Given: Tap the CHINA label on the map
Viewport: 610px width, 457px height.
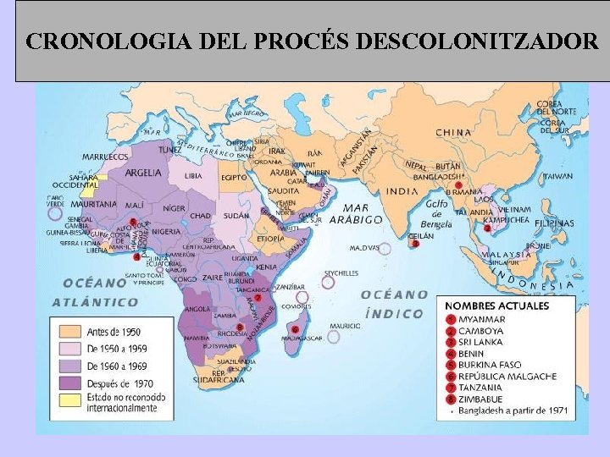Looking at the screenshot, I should click(454, 133).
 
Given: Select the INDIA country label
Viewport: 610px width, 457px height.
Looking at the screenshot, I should click(402, 191).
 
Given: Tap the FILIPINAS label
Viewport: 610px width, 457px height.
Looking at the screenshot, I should click(554, 223).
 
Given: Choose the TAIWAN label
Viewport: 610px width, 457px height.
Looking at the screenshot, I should click(557, 177).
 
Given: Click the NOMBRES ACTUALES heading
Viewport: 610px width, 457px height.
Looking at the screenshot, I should click(497, 306).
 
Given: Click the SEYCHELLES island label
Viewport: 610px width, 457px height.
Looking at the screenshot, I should click(341, 273).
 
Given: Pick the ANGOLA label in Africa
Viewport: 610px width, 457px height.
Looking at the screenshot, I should click(197, 309).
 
